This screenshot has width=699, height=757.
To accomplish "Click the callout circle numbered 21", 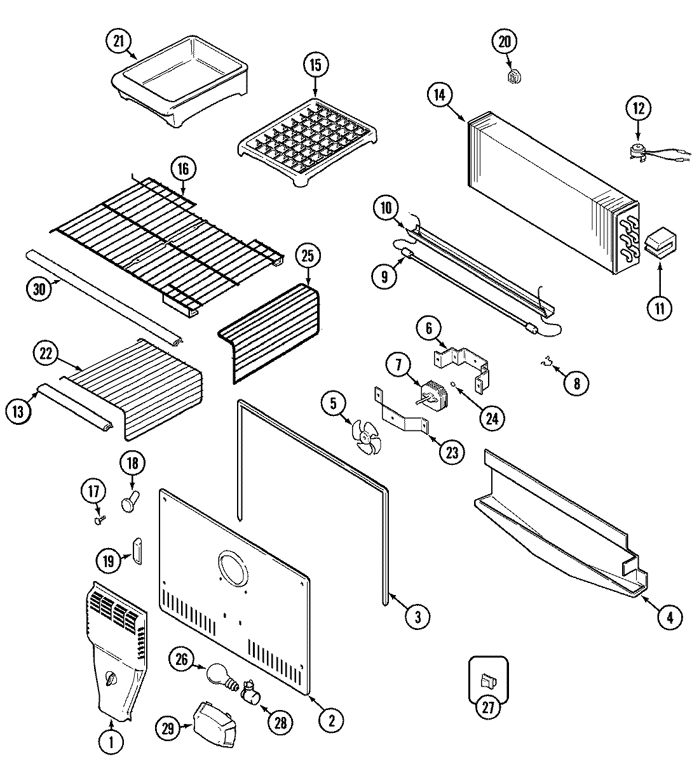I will coord(118,41).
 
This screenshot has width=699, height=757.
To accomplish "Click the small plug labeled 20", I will coord(515,77).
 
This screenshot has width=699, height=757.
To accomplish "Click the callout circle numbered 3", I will coord(417,615).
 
